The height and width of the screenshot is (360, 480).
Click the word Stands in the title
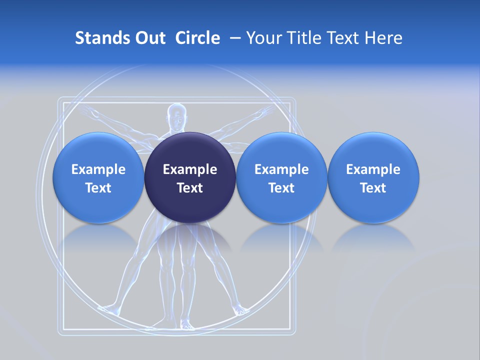point(96,38)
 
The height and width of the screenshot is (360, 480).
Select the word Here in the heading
point(384,38)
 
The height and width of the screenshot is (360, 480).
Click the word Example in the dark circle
point(190,169)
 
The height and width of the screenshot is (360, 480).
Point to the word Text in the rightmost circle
point(373,188)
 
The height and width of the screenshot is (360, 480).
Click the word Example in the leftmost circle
point(98,169)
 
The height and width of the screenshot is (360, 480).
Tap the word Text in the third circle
point(281,188)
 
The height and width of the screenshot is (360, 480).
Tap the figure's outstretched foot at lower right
point(242,310)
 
